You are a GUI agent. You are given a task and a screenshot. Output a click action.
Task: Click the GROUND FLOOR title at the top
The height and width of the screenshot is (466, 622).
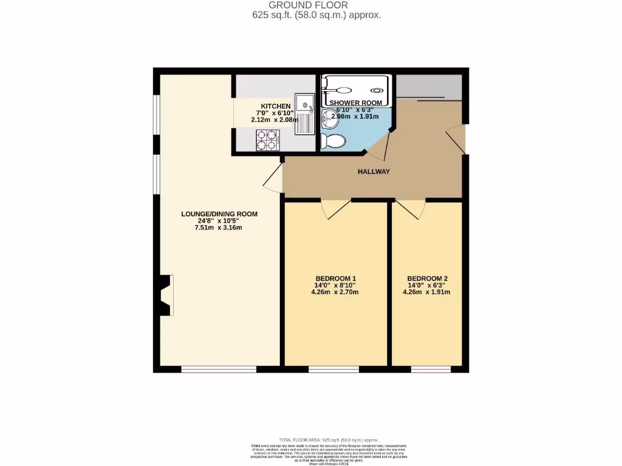[316, 5]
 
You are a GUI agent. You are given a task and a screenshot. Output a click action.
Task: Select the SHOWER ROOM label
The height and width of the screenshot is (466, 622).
[355, 103]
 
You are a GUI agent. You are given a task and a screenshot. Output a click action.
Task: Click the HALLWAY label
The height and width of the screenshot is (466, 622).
[374, 172]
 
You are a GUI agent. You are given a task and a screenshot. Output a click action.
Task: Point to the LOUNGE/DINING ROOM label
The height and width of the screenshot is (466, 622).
[219, 214]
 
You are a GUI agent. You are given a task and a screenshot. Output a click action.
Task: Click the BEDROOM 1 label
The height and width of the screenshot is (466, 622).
[335, 279]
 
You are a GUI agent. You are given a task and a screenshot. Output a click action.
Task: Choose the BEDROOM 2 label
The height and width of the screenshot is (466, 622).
[427, 279]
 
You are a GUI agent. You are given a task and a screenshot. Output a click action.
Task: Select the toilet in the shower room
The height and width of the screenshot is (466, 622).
[333, 141]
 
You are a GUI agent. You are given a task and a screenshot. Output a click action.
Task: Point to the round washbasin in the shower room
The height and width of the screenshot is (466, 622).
[330, 119]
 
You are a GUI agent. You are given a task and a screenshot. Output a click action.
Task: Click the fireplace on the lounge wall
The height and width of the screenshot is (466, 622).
[164, 295]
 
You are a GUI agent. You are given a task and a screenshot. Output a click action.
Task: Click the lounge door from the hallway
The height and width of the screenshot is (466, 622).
[274, 180]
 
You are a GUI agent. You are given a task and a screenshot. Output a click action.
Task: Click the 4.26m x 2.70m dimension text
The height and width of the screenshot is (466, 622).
[335, 292]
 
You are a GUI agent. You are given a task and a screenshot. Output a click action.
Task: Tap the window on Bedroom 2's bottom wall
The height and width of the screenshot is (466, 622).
[431, 368]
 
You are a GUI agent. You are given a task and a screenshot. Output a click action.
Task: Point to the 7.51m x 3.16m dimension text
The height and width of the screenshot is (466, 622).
[219, 228]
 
